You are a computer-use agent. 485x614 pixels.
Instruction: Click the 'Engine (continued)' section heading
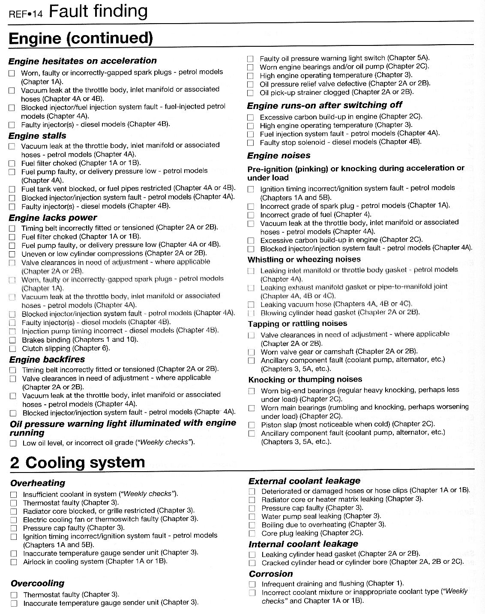point(81,38)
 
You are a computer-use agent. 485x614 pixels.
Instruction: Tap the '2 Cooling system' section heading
point(78,463)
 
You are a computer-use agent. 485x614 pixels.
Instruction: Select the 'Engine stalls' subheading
point(37,135)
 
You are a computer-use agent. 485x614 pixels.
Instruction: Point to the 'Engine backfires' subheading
point(47,359)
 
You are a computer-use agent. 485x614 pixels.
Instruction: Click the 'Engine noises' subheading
point(279,155)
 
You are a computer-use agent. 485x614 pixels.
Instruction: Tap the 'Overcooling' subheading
point(37,583)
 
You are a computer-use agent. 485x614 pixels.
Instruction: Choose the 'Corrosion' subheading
point(271,574)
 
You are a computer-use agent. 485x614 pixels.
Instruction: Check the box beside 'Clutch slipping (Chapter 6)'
point(12,349)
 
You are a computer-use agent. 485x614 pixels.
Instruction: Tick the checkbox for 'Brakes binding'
point(12,340)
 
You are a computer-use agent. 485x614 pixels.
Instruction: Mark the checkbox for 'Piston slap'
point(251,425)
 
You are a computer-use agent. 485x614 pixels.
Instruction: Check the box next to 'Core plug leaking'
point(252,533)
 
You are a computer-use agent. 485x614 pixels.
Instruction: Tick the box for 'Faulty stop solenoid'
point(251,142)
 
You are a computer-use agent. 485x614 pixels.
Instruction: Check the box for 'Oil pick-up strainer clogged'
point(250,93)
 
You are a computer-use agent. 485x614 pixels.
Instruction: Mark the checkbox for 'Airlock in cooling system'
point(14,562)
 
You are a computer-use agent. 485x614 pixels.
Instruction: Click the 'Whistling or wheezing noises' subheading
point(304,259)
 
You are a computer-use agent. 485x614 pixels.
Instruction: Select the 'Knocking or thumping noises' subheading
point(305,379)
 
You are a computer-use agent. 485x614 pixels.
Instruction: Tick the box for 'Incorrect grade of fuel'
point(251,215)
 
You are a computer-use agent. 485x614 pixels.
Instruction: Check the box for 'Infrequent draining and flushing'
point(252,584)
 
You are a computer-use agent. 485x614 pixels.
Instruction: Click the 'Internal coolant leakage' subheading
point(303,544)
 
